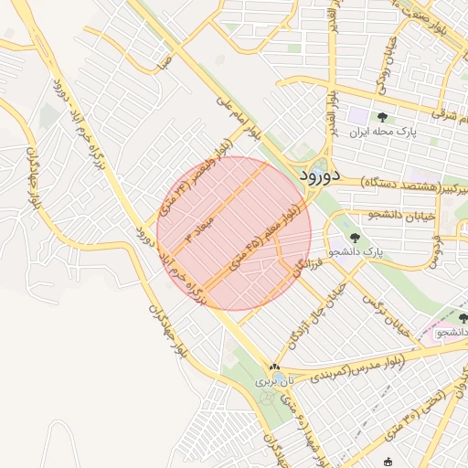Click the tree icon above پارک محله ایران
point(381,117)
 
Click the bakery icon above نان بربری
point(273,366)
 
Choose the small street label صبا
point(165,65)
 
